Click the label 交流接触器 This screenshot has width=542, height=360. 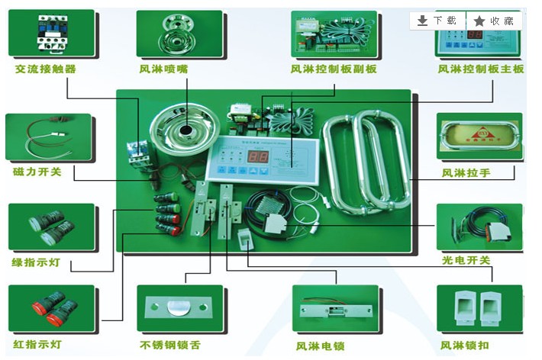click(x=46, y=69)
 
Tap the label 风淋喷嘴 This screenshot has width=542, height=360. click(x=163, y=69)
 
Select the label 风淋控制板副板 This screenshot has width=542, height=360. click(x=334, y=69)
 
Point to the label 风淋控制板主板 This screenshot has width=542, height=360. click(x=481, y=69)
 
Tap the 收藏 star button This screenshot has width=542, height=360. click(x=495, y=21)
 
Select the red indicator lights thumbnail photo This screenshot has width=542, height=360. click(x=51, y=308)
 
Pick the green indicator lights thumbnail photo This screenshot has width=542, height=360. click(x=51, y=227)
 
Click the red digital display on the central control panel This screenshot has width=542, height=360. click(x=260, y=155)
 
